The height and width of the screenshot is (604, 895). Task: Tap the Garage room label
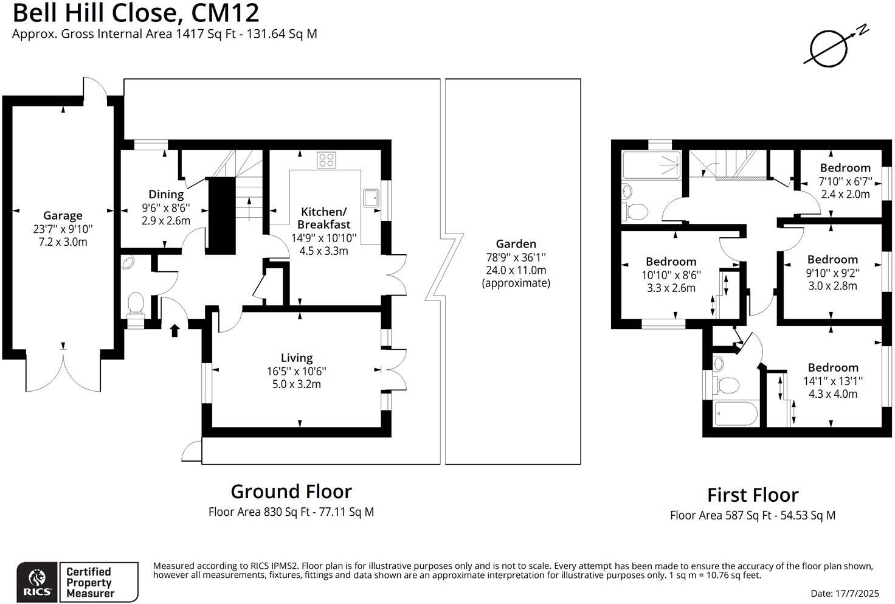[x=63, y=215]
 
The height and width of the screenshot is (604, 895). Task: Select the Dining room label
[x=166, y=195]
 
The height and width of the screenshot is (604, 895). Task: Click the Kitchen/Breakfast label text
[x=323, y=218]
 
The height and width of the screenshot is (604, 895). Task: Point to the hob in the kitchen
[x=326, y=160]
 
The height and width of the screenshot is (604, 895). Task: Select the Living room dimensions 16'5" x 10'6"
[x=297, y=371]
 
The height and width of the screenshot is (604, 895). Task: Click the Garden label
[x=516, y=244]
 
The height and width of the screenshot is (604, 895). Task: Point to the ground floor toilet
[x=135, y=304]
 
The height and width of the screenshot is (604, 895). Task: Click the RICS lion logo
[x=37, y=582]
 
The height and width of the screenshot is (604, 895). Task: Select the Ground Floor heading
[x=291, y=491]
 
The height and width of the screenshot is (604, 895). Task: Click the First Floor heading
[x=753, y=495]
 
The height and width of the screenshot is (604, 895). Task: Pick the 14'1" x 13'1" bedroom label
[x=833, y=367]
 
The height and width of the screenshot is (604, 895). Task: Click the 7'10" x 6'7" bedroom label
[x=845, y=168]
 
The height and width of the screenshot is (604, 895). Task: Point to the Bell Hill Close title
[x=136, y=13]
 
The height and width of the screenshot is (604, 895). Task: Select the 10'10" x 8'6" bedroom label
[x=671, y=262]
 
